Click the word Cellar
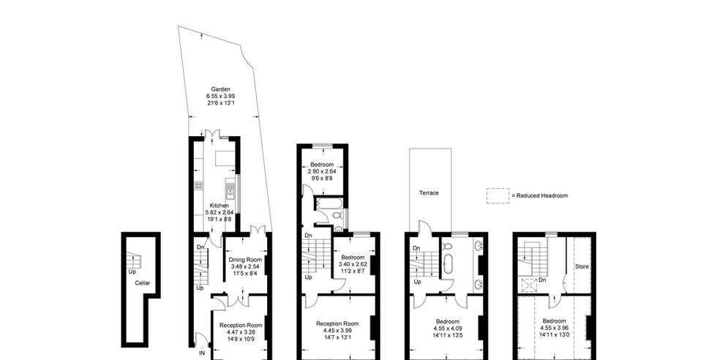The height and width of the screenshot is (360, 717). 142,283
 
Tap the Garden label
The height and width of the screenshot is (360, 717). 220,89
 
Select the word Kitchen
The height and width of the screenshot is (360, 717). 219,206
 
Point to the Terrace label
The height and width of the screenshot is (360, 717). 429,193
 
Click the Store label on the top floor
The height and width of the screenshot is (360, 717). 582,266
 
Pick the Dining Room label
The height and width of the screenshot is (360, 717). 245,260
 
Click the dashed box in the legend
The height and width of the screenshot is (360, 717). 498,196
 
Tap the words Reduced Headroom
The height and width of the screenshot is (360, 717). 542,196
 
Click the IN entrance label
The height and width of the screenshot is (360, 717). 202,353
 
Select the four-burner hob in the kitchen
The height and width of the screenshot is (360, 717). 199,185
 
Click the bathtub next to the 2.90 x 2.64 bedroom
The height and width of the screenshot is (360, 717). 326,203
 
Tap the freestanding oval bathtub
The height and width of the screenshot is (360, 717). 448,264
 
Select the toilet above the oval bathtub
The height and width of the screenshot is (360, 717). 447,247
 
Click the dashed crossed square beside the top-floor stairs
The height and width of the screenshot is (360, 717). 528,285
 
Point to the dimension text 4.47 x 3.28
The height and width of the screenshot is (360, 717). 241,331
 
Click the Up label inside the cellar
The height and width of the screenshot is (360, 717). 132,271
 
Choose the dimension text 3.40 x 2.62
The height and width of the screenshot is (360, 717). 353,264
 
